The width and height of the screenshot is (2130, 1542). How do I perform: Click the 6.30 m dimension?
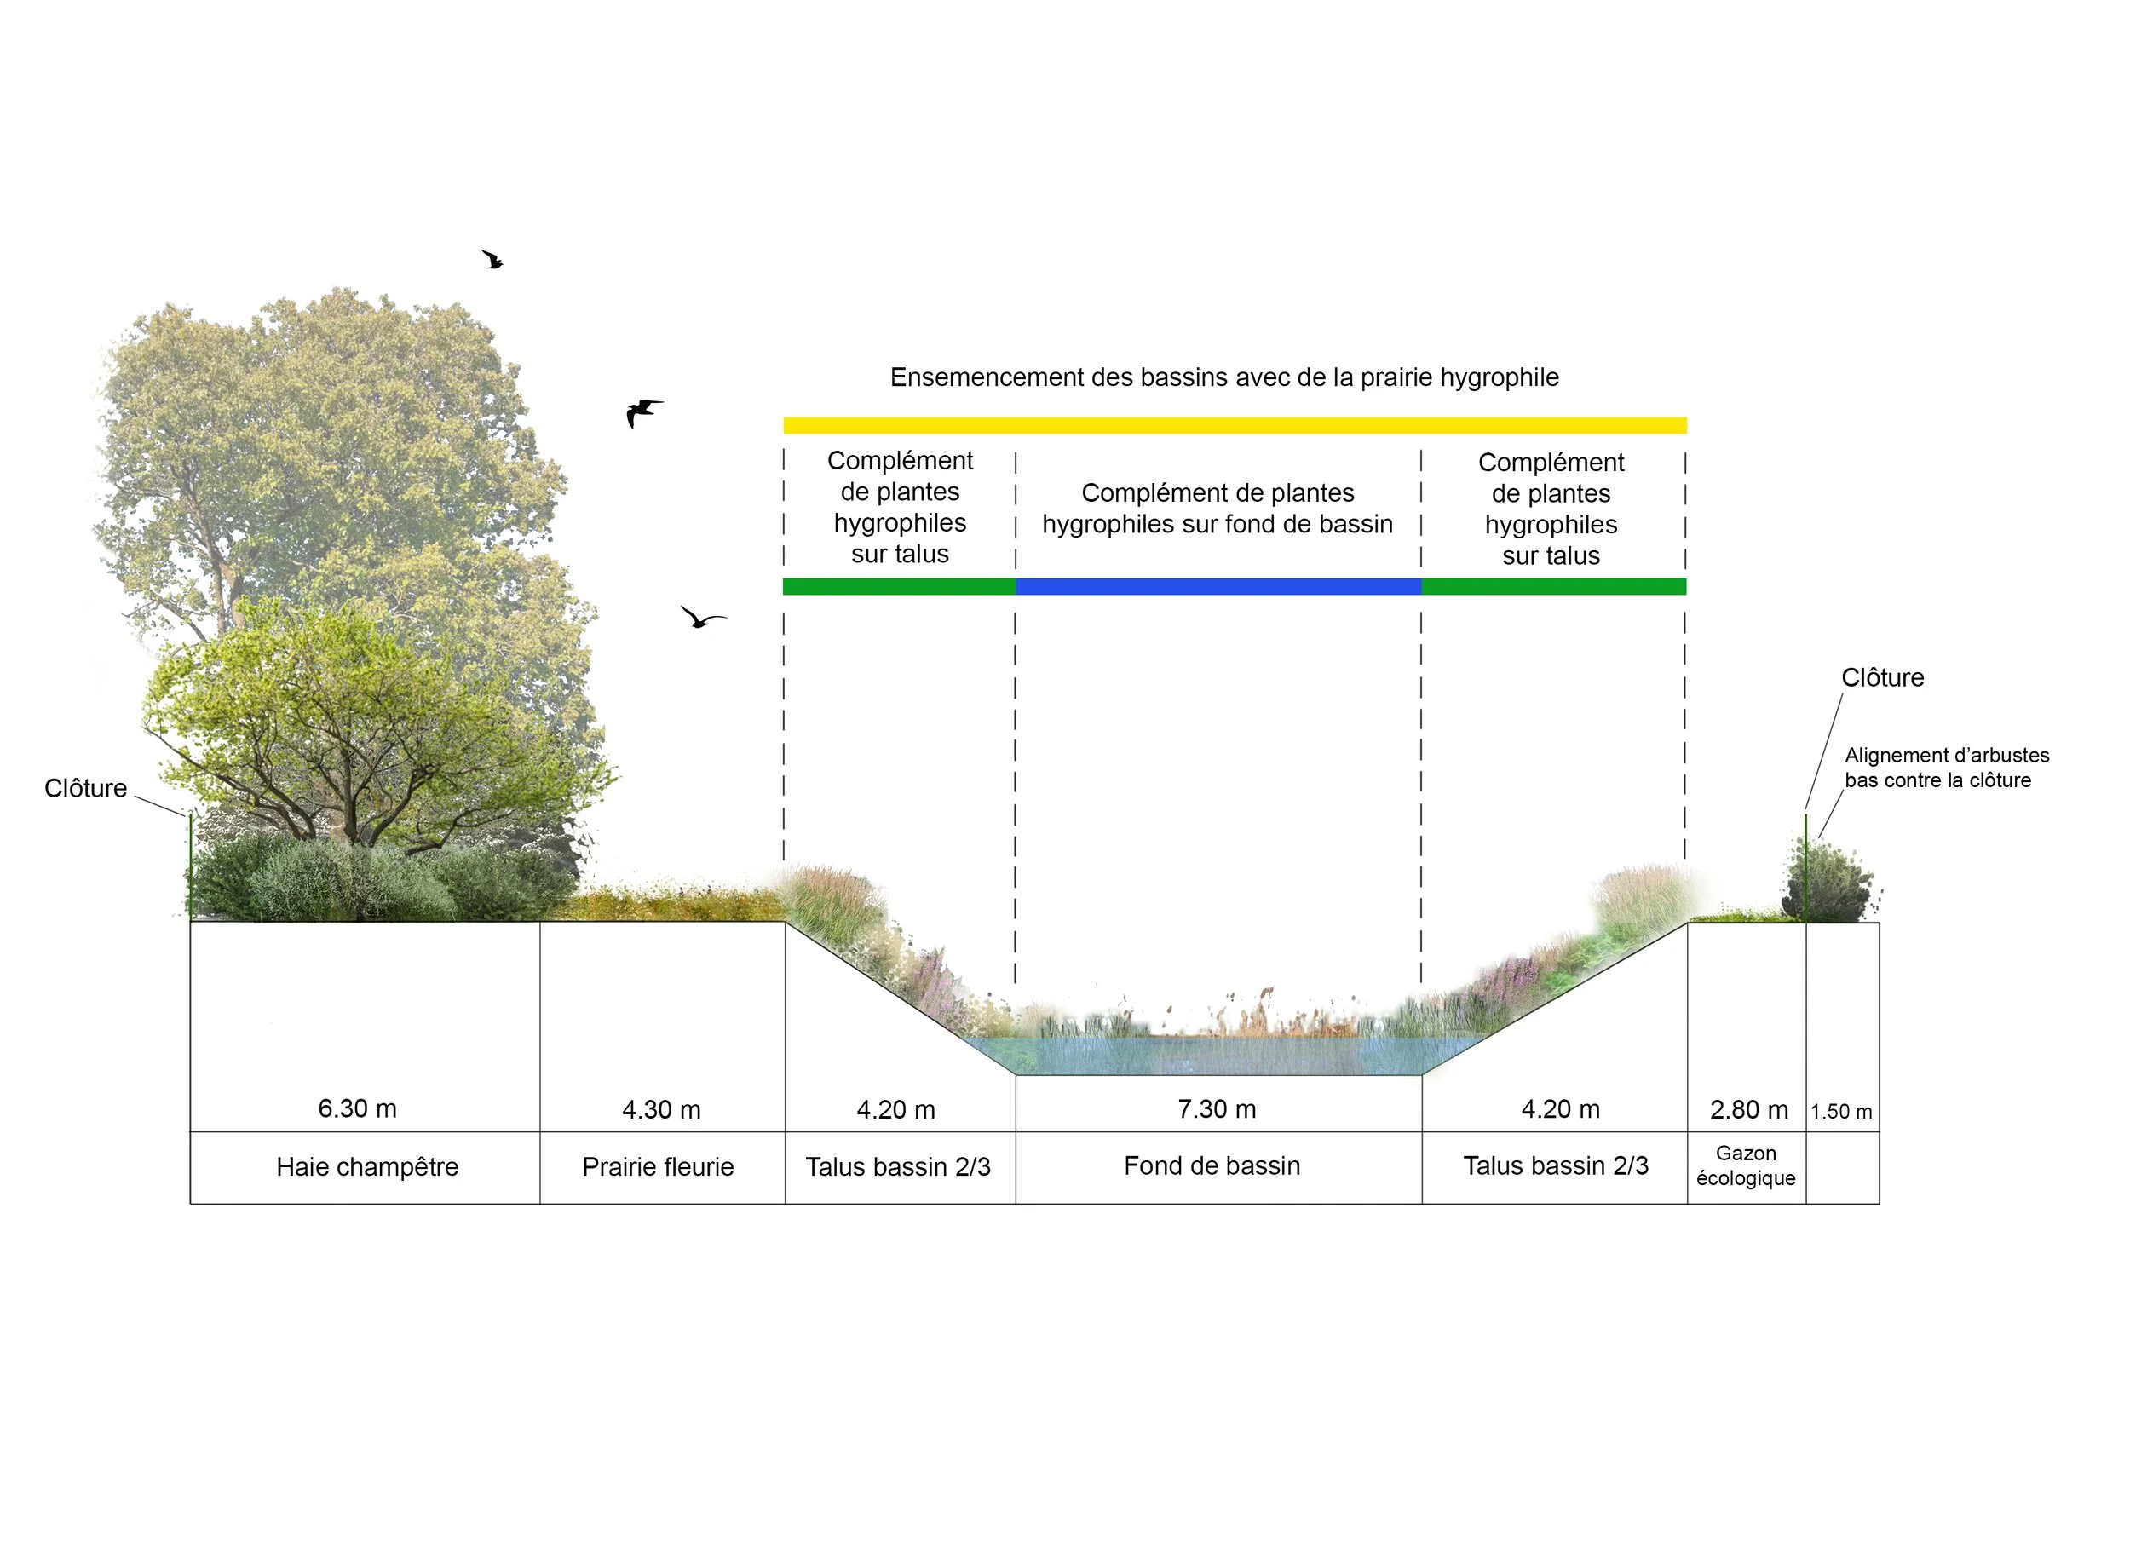pyautogui.click(x=357, y=1108)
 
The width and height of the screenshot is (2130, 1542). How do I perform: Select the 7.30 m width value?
pyautogui.click(x=1218, y=1109)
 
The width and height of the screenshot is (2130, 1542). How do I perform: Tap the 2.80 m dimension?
pyautogui.click(x=1748, y=1110)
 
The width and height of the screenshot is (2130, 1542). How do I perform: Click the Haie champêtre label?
pyautogui.click(x=367, y=1167)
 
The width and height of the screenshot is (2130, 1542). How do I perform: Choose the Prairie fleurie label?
pyautogui.click(x=658, y=1167)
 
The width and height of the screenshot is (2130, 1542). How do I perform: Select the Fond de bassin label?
pyautogui.click(x=1212, y=1166)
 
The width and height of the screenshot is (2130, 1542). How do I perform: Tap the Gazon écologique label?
pyautogui.click(x=1746, y=1165)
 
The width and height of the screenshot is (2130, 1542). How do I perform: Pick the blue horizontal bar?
pyautogui.click(x=1218, y=587)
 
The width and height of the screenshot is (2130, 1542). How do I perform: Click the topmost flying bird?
pyautogui.click(x=493, y=259)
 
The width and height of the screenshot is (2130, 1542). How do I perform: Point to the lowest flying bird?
pyautogui.click(x=703, y=617)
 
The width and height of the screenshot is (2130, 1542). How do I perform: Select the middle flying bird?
pyautogui.click(x=643, y=412)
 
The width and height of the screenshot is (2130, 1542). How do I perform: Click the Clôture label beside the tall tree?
pyautogui.click(x=85, y=788)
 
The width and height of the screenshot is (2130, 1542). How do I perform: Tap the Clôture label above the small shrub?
pyautogui.click(x=1882, y=678)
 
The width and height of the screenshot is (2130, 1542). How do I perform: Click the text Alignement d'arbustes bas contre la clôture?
pyautogui.click(x=1946, y=768)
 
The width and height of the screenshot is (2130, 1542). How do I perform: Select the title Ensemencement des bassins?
pyautogui.click(x=1224, y=377)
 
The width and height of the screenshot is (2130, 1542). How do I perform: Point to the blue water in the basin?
pyautogui.click(x=1218, y=1056)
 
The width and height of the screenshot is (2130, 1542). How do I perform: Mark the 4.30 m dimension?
pyautogui.click(x=661, y=1110)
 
